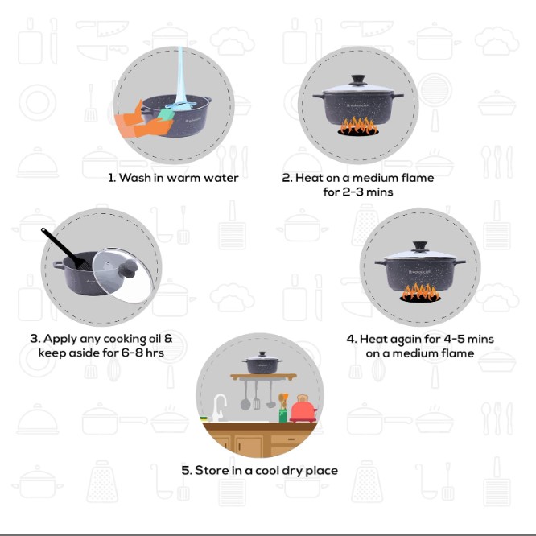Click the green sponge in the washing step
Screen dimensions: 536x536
pyautogui.click(x=166, y=114)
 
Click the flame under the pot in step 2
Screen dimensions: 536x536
pyautogui.click(x=358, y=126)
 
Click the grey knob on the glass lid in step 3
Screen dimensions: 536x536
pyautogui.click(x=129, y=269)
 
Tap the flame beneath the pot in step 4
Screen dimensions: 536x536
pyautogui.click(x=420, y=293)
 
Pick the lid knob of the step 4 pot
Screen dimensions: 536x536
pyautogui.click(x=420, y=246)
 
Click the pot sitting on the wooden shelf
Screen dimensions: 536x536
pyautogui.click(x=262, y=363)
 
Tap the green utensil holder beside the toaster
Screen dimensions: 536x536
pyautogui.click(x=282, y=415)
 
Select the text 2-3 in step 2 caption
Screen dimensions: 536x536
pyautogui.click(x=353, y=192)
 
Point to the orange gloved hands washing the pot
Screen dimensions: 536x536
pyautogui.click(x=143, y=122)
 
